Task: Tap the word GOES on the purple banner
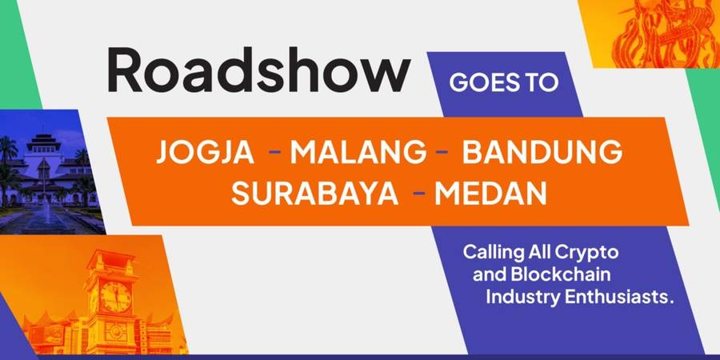483,83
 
